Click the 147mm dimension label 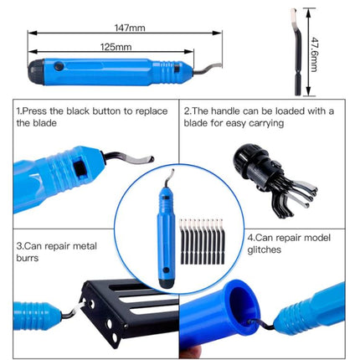point(130,28)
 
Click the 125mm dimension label point(116,47)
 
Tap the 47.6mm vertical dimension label point(314,54)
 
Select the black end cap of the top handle point(36,72)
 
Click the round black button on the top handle point(59,66)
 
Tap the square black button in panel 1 point(80,168)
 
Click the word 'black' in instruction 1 point(78,111)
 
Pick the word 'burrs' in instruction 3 point(28,258)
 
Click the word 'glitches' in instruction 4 point(264,249)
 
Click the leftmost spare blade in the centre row point(183,241)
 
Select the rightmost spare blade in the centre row point(222,241)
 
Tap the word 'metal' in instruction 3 point(85,246)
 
